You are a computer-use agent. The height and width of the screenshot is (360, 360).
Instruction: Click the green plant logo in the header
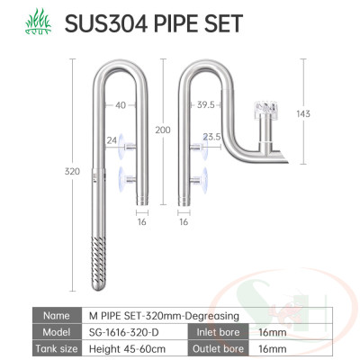(x=28, y=21)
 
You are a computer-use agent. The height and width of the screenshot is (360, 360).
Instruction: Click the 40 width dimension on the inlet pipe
(x=121, y=104)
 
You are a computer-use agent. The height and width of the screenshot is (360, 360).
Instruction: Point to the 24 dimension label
(x=112, y=139)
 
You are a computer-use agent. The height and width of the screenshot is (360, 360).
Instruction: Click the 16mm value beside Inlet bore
(x=271, y=331)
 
